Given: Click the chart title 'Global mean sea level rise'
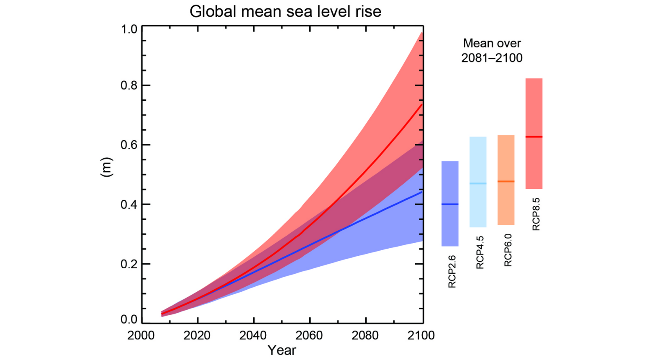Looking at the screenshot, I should click(285, 11).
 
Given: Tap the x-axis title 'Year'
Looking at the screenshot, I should click(282, 350).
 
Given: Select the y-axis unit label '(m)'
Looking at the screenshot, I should click(107, 167).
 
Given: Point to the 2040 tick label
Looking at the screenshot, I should click(253, 335).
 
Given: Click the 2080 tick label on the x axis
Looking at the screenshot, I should click(365, 335).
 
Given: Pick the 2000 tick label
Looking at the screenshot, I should click(141, 335).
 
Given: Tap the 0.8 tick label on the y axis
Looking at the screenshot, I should click(129, 85).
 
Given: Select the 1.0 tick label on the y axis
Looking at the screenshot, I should click(129, 29).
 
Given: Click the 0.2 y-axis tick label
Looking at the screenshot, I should click(129, 264).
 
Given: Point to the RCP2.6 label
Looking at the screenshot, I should click(452, 271).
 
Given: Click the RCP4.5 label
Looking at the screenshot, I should click(480, 252).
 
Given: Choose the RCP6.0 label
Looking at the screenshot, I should click(508, 250).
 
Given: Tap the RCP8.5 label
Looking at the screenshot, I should click(536, 214).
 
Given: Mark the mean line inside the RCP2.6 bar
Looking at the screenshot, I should click(450, 204).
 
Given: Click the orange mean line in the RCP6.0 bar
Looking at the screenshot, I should click(506, 181).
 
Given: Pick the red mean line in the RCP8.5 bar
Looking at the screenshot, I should click(534, 137).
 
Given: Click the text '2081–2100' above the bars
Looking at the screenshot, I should click(492, 58).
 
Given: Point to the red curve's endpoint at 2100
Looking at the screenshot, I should click(421, 104).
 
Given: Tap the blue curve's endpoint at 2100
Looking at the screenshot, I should click(421, 192).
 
